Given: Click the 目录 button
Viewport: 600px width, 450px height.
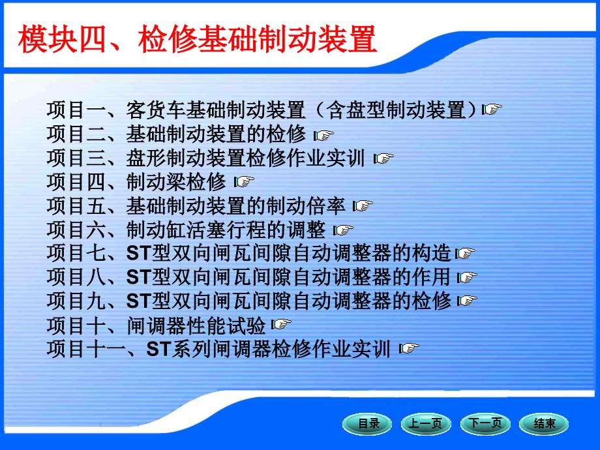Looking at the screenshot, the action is tap(367, 424).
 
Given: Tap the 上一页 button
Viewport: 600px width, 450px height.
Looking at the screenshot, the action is tap(426, 424).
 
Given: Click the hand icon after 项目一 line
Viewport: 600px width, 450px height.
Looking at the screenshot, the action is tap(492, 109).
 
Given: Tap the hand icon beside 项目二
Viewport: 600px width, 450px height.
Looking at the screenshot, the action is tap(323, 135).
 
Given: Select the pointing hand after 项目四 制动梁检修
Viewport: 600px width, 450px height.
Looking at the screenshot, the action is tap(244, 181).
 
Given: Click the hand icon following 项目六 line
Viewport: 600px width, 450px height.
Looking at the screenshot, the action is tap(343, 230).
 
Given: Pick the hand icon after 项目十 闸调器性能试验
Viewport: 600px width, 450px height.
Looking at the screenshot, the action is tap(281, 325).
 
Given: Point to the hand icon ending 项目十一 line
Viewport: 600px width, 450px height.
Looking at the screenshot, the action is tap(409, 348).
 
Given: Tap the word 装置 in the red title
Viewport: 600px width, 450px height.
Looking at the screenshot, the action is tap(347, 39).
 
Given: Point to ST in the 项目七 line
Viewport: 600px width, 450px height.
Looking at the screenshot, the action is tap(139, 253).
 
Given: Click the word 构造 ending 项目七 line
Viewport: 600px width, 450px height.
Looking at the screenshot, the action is tap(432, 253).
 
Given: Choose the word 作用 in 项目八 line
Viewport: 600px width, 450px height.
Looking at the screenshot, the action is tap(431, 277).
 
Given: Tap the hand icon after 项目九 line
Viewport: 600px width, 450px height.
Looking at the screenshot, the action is tap(467, 301).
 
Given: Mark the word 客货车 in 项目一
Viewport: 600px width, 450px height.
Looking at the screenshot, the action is tap(156, 110).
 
